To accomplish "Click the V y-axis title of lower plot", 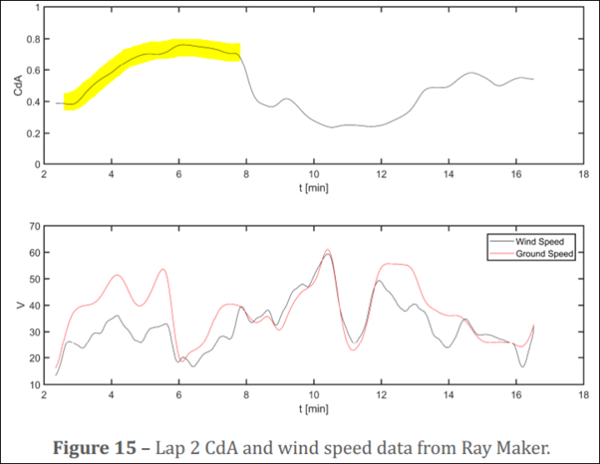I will [18, 305].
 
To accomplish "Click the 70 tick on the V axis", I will [35, 226].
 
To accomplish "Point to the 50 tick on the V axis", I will [35, 279].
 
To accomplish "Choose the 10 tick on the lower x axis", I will [312, 396].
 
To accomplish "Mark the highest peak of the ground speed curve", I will [327, 250].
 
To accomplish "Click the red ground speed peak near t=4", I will [117, 275].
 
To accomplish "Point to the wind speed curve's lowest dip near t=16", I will [522, 366].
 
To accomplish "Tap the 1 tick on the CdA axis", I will [38, 8].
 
